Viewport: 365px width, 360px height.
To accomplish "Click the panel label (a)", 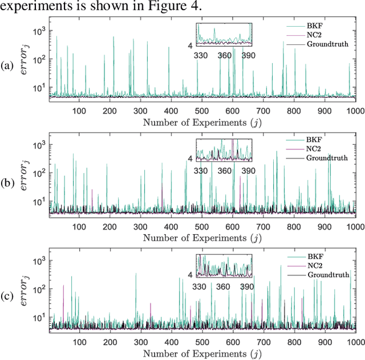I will tap(7, 65).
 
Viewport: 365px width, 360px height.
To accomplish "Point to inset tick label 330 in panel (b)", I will tap(201, 171).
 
